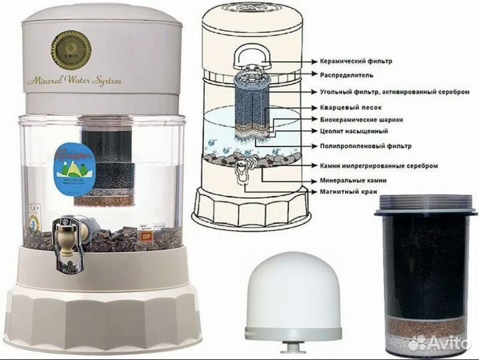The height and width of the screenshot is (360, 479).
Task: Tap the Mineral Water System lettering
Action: (74, 81)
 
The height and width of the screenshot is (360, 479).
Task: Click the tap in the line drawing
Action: (241, 177)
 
